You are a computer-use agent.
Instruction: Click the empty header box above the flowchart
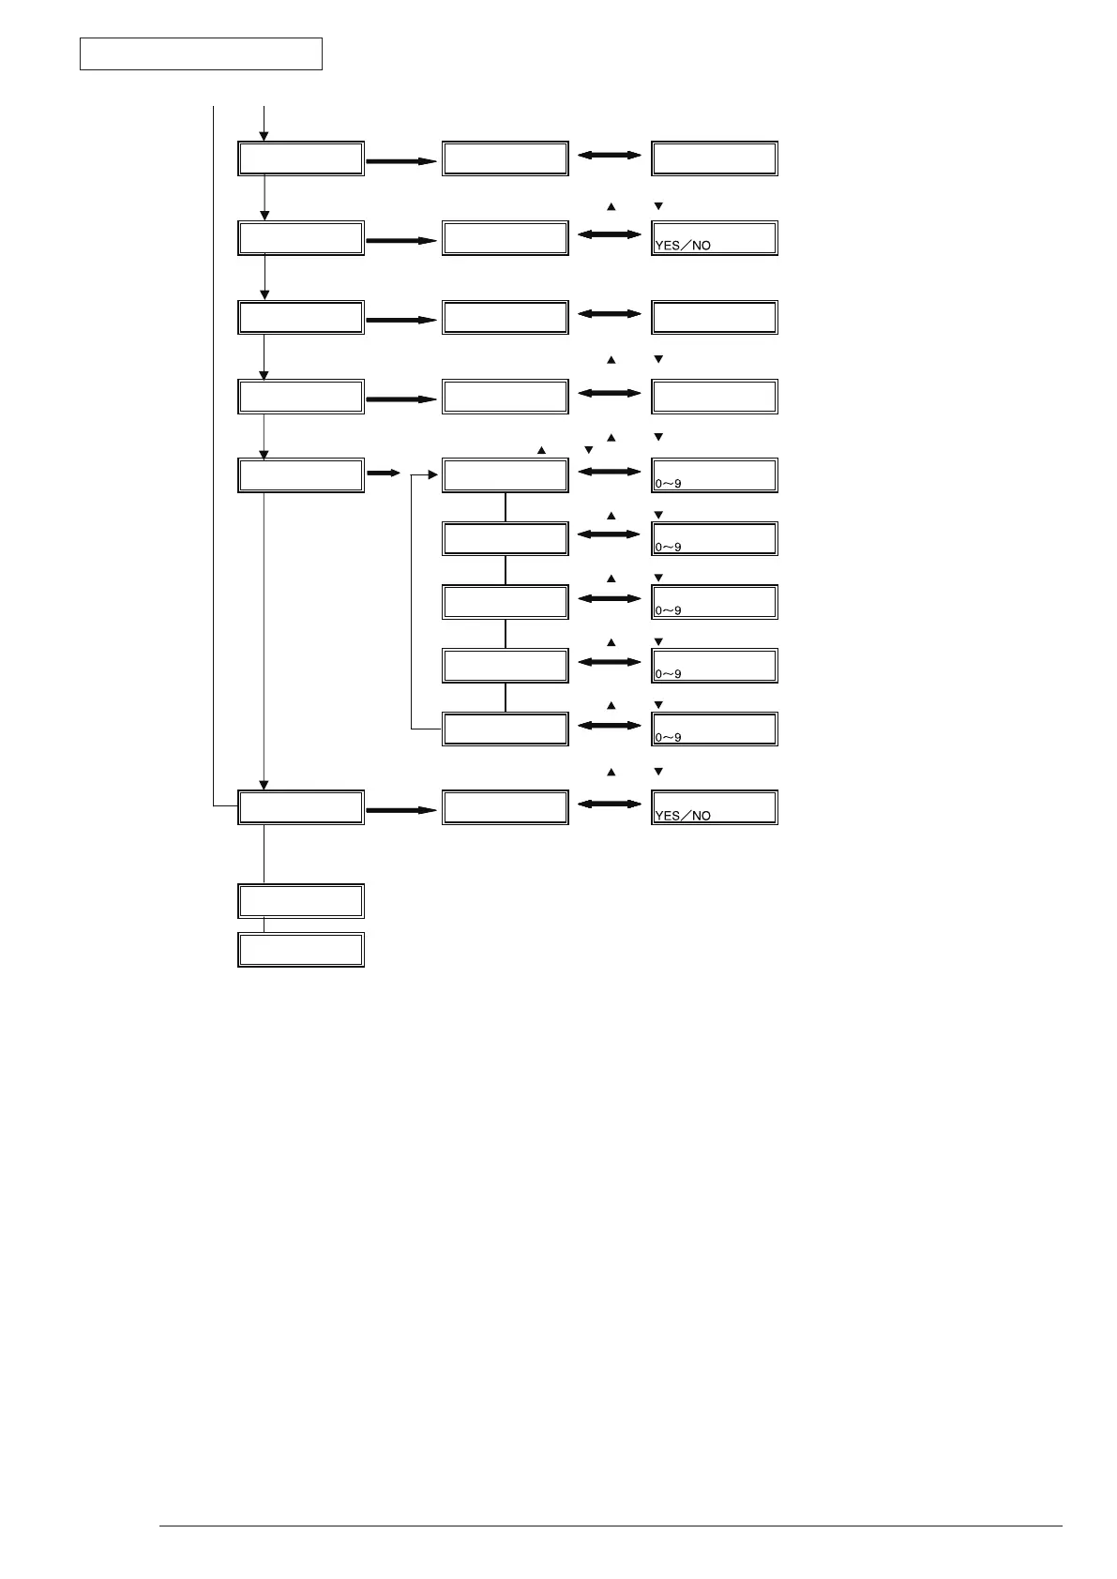tap(201, 54)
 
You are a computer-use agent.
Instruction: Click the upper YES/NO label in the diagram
tap(683, 246)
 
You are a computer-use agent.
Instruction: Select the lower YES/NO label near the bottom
tap(683, 816)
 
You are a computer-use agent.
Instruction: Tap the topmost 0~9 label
tap(668, 485)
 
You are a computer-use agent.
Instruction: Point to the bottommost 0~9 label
tap(668, 738)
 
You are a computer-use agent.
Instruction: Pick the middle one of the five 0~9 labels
tap(668, 611)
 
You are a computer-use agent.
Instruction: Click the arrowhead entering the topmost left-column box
tap(264, 137)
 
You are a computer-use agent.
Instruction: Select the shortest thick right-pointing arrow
tap(383, 474)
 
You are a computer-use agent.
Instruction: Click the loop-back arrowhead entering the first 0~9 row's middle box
tap(433, 475)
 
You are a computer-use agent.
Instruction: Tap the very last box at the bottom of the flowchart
tap(301, 950)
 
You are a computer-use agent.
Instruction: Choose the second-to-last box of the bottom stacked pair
tap(301, 901)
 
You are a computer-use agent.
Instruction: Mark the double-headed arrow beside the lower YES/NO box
tap(609, 805)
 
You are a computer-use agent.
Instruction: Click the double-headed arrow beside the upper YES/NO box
tap(609, 234)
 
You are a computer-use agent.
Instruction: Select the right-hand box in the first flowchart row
tap(715, 158)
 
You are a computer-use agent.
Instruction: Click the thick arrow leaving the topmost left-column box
tap(401, 161)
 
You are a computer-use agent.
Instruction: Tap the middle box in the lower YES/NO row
tap(505, 807)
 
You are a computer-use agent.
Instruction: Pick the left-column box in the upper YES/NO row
tap(301, 238)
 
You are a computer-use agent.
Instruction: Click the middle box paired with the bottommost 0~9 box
tap(505, 729)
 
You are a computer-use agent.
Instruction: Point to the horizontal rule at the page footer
tap(611, 1526)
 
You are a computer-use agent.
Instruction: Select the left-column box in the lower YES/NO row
tap(301, 807)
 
